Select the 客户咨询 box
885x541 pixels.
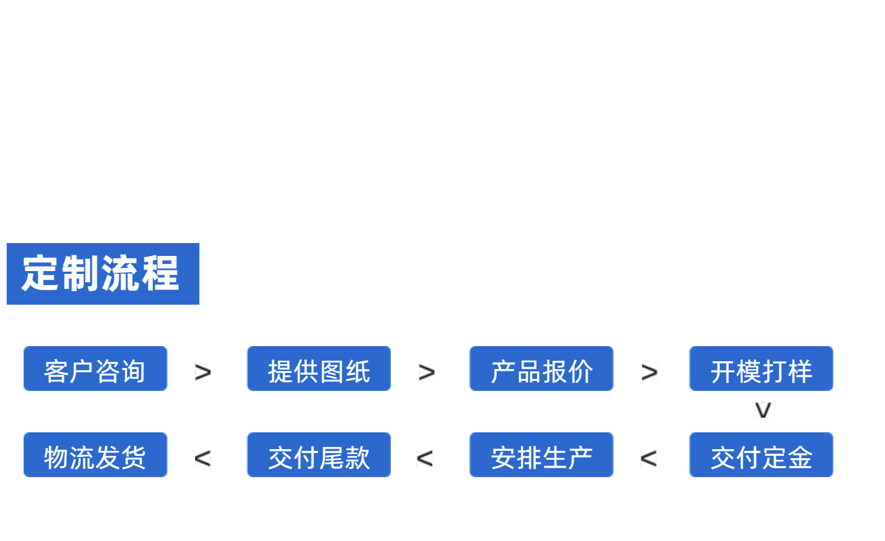pyautogui.click(x=95, y=369)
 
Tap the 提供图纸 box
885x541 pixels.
pyautogui.click(x=319, y=369)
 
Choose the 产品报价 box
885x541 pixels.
pyautogui.click(x=541, y=369)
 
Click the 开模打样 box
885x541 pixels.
pyautogui.click(x=761, y=369)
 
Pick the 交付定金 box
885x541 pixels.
pyautogui.click(x=761, y=455)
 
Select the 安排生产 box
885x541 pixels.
pyautogui.click(x=541, y=455)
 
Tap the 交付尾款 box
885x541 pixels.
pyautogui.click(x=319, y=455)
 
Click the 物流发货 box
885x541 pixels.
pyautogui.click(x=95, y=455)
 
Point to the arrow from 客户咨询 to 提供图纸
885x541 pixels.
pyautogui.click(x=203, y=372)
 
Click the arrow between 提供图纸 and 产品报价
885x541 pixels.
pyautogui.click(x=426, y=372)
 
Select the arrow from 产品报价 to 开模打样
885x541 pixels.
pyautogui.click(x=649, y=372)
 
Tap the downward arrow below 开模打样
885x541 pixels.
pyautogui.click(x=763, y=410)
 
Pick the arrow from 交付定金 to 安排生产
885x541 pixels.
pyautogui.click(x=649, y=459)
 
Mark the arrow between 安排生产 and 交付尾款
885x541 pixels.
pyautogui.click(x=425, y=459)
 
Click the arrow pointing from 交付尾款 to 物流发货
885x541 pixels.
pyautogui.click(x=202, y=459)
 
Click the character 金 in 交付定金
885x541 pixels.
pyautogui.click(x=799, y=458)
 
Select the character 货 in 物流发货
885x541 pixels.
pyautogui.click(x=133, y=458)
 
